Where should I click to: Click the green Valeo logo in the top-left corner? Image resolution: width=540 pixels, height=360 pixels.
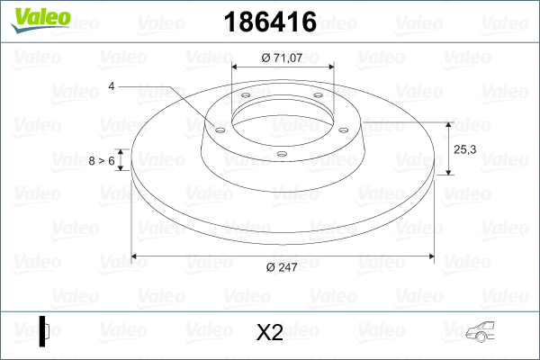coord(34,18)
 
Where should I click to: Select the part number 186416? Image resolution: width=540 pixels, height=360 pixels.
coord(269,19)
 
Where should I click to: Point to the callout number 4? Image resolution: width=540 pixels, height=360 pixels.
coord(111,86)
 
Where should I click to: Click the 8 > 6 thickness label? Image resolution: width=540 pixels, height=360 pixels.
coord(102,160)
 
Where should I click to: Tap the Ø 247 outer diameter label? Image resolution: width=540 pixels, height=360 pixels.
coord(282,266)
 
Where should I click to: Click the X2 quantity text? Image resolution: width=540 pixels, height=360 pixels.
coord(270,333)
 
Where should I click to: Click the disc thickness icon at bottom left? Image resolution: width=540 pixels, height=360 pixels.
coord(44,331)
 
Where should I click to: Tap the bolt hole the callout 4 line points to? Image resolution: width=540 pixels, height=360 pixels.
coord(219,128)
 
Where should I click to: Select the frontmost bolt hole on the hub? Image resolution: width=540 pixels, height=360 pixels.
coord(282,153)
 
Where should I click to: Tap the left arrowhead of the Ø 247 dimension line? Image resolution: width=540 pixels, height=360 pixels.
coord(136,256)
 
